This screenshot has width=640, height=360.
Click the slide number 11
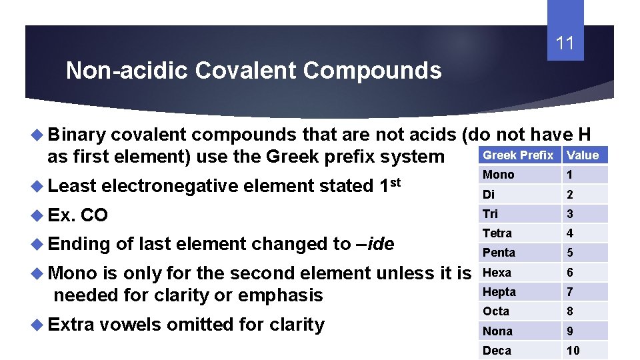(565, 44)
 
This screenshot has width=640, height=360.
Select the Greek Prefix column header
(518, 155)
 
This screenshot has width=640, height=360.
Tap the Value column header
(583, 155)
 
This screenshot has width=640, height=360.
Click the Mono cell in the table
(499, 175)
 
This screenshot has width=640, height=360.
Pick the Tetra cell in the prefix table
(497, 233)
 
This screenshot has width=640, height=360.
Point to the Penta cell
(499, 253)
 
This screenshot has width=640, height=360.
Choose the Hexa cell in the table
(497, 273)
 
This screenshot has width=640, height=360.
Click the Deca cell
(497, 351)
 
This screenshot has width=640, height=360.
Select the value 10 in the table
(573, 351)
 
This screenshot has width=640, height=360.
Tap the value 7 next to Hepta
(570, 292)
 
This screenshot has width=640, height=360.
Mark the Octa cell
(496, 311)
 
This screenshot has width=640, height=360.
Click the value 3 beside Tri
(570, 214)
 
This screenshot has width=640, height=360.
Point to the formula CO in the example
(94, 215)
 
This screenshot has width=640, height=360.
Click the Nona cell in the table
(497, 331)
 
